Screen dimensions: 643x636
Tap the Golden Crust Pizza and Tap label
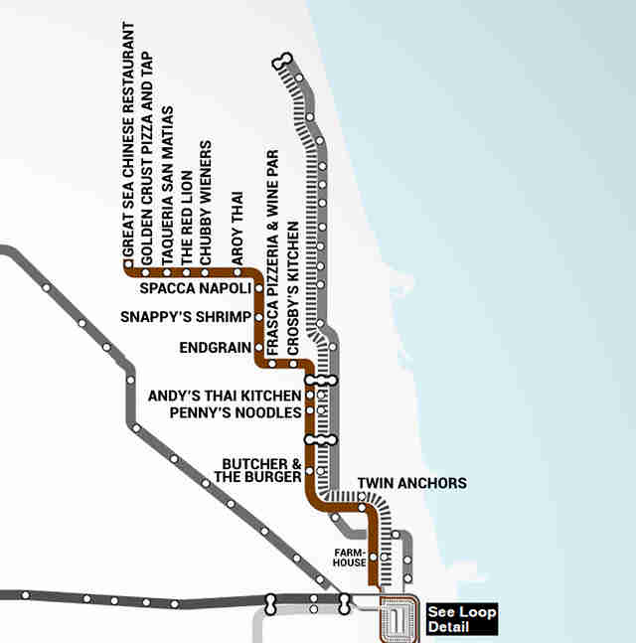click(x=146, y=157)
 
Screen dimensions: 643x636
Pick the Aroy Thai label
click(x=238, y=228)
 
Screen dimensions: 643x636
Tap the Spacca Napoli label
click(x=195, y=289)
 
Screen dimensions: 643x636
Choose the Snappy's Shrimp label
click(x=185, y=318)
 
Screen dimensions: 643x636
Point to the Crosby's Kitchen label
click(x=292, y=288)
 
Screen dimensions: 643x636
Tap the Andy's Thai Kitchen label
click(x=224, y=396)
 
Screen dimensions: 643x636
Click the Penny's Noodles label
click(x=236, y=410)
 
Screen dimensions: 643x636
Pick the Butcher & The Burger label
click(x=261, y=470)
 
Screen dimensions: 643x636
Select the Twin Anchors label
click(x=411, y=484)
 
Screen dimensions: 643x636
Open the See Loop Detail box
click(x=461, y=619)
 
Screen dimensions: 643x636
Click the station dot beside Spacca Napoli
click(x=258, y=288)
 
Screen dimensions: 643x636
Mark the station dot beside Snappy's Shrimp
click(x=258, y=318)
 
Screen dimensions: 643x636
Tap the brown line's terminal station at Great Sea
click(x=127, y=270)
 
